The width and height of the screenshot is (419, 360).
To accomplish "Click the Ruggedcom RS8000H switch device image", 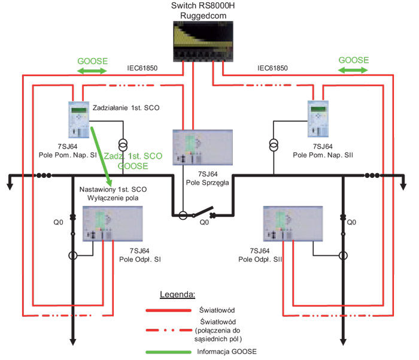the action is click(203, 41).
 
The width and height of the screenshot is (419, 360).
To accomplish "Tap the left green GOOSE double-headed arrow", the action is click(92, 71).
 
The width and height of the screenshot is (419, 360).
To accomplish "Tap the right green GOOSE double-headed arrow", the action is click(353, 70).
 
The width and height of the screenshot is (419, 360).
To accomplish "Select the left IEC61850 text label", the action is click(142, 68).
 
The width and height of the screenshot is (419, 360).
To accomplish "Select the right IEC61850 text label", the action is click(272, 68).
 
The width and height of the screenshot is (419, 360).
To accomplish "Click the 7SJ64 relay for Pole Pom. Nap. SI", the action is click(79, 120).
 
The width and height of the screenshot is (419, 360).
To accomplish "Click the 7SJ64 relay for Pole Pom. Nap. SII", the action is click(318, 119).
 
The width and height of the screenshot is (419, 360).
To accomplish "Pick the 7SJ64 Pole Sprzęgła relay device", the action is click(202, 147).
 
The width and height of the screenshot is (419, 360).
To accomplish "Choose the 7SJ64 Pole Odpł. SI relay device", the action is click(113, 223).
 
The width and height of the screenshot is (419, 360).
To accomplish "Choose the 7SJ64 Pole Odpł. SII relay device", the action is click(293, 223).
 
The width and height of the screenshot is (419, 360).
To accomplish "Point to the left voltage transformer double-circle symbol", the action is click(123, 145).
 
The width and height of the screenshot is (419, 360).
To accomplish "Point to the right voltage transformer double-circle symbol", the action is click(274, 145).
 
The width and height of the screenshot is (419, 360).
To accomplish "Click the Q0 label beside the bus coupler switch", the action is click(205, 222).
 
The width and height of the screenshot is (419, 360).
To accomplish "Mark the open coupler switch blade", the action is click(203, 211).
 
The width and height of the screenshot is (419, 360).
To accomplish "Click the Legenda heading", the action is click(177, 295).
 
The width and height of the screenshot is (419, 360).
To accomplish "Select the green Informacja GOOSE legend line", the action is click(169, 352).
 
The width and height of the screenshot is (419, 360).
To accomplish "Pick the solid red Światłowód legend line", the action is click(169, 310).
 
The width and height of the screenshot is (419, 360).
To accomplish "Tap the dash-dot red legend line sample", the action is click(169, 330).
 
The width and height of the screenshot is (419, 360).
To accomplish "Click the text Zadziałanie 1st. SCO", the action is click(126, 108).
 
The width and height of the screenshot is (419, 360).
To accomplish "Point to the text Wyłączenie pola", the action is click(113, 198).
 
